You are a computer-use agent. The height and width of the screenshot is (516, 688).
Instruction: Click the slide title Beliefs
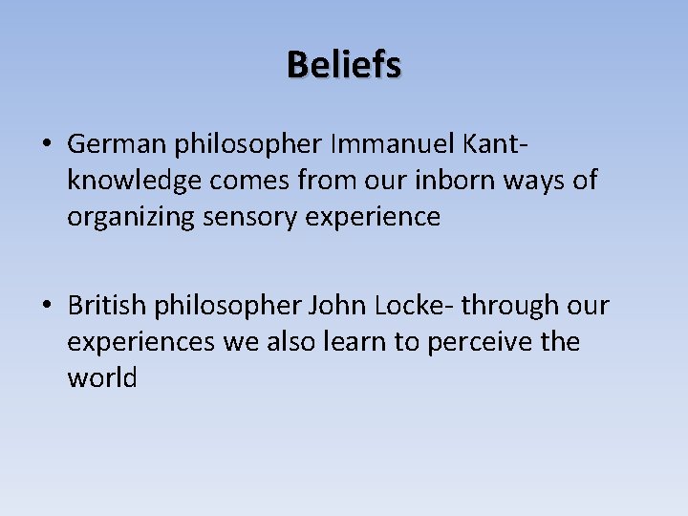coord(344,65)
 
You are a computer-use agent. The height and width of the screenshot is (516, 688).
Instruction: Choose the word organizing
coord(131,218)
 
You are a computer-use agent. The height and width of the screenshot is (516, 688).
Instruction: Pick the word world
coord(102,378)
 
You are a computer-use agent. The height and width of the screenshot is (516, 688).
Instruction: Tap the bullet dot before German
coord(46,145)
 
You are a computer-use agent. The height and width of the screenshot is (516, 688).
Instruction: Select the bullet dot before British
coord(46,307)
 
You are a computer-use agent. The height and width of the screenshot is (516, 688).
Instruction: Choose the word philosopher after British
coord(227,306)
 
